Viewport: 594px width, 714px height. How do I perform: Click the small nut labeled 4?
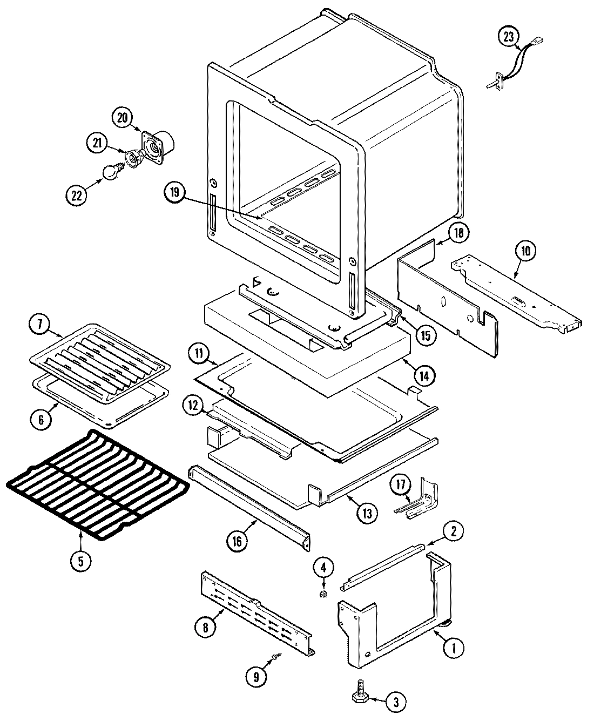pos(323,595)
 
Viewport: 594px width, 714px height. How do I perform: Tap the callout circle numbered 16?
pos(237,540)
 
